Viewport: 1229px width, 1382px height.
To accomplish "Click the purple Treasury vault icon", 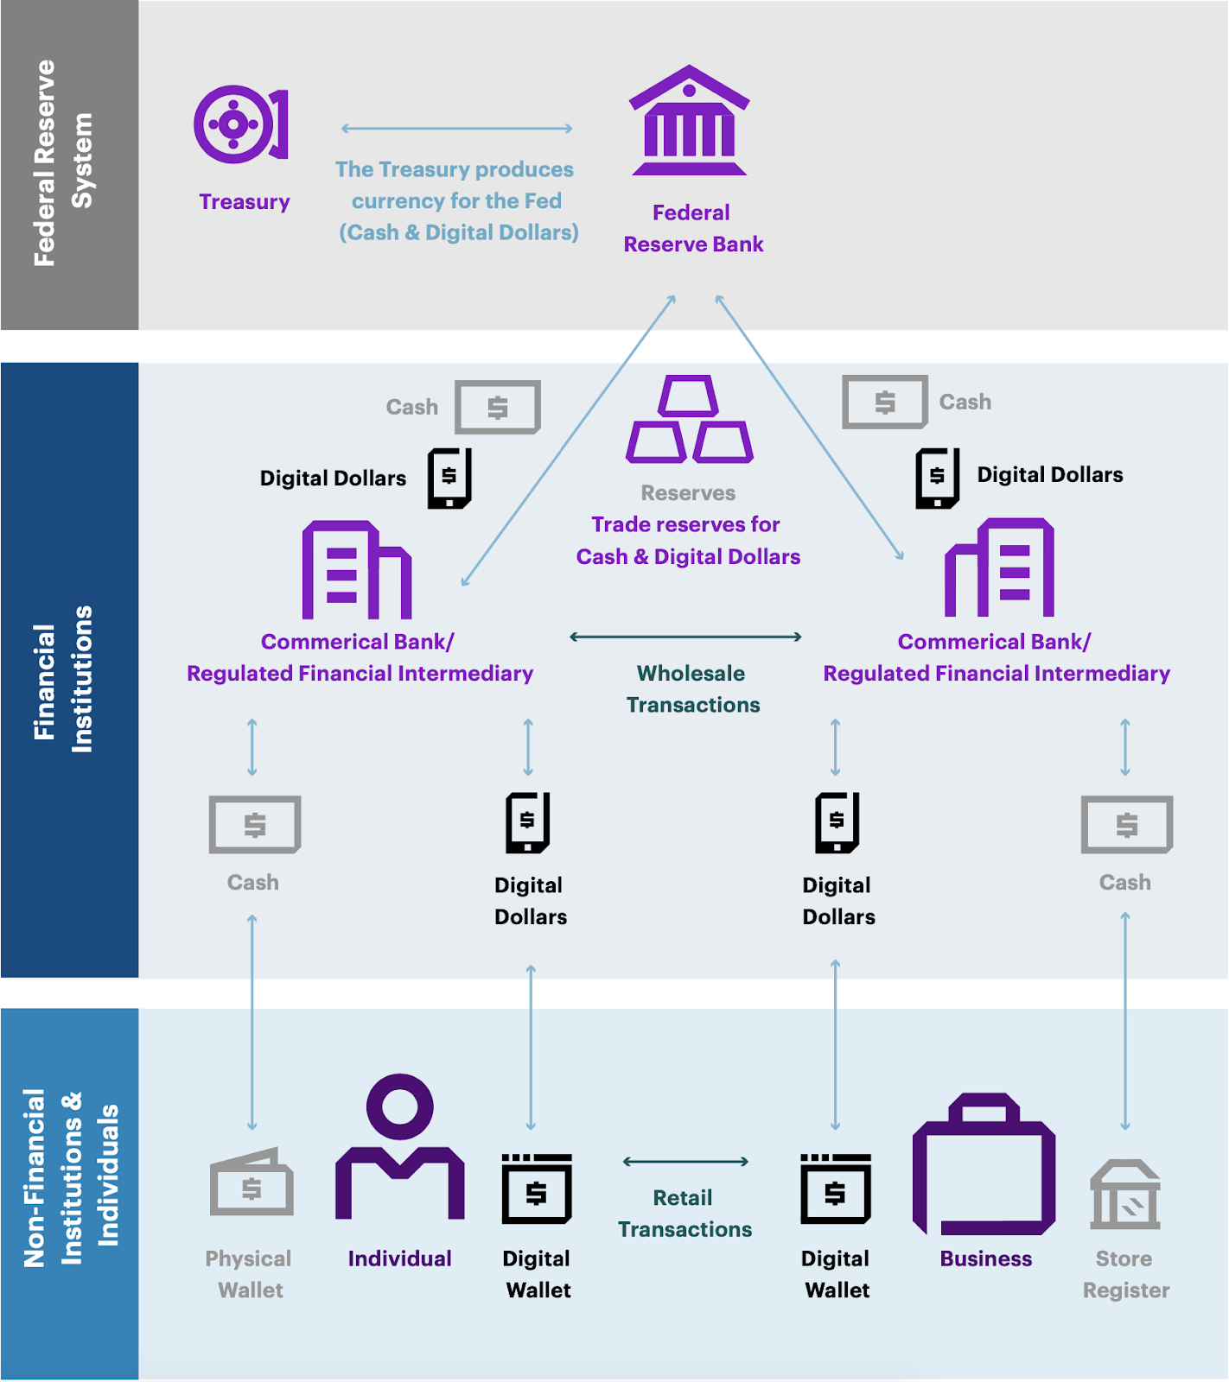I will click(x=239, y=124).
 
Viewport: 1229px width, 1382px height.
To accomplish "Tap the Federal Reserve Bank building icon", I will click(x=689, y=122).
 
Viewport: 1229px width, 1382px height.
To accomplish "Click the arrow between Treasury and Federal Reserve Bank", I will click(x=456, y=129).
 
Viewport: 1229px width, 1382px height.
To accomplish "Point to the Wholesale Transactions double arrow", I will click(x=685, y=637).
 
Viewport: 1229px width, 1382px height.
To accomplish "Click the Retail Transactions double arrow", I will click(x=685, y=1162).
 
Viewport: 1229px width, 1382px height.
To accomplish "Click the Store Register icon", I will click(x=1124, y=1195).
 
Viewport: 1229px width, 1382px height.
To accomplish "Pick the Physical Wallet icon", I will click(x=252, y=1182).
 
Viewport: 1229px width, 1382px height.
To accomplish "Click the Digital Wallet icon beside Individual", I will click(x=537, y=1189).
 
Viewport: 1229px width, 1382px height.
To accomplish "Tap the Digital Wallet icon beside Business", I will click(x=835, y=1189).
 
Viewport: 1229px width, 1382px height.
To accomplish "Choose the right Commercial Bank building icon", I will click(x=1000, y=567).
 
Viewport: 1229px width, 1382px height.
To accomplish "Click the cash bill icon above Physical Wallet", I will click(x=254, y=825).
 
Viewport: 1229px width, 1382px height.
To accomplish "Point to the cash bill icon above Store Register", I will click(x=1126, y=825).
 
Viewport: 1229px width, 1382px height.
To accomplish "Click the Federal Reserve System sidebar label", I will click(x=62, y=163).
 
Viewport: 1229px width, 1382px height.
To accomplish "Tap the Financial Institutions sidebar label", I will click(x=62, y=679).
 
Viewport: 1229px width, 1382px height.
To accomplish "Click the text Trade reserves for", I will click(x=685, y=525).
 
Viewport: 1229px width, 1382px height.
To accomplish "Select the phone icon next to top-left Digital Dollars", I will click(x=449, y=478).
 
